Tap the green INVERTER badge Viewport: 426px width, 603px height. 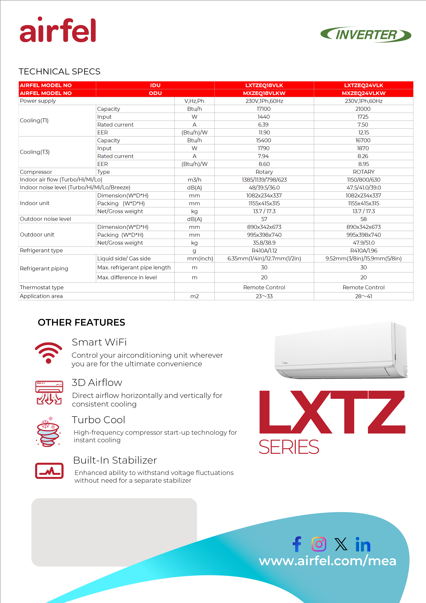pyautogui.click(x=366, y=35)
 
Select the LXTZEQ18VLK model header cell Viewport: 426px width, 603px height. pyautogui.click(x=264, y=85)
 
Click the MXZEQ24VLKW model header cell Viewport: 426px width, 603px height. pyautogui.click(x=363, y=93)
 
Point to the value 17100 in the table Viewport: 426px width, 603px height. pyautogui.click(x=264, y=109)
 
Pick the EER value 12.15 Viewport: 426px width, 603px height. pyautogui.click(x=363, y=133)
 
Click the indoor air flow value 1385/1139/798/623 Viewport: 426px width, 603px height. pyautogui.click(x=264, y=180)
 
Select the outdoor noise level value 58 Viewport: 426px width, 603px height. pyautogui.click(x=363, y=219)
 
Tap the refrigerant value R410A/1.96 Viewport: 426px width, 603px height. pyautogui.click(x=363, y=251)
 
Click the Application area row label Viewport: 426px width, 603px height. pyautogui.click(x=41, y=296)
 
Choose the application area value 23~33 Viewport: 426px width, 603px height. pyautogui.click(x=264, y=296)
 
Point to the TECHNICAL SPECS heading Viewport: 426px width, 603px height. pyautogui.click(x=60, y=72)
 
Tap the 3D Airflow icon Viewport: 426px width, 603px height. pyautogui.click(x=49, y=392)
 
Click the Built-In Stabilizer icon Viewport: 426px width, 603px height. pyautogui.click(x=49, y=471)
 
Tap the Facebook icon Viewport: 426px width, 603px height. pyautogui.click(x=297, y=544)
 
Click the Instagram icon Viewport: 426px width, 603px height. pyautogui.click(x=319, y=544)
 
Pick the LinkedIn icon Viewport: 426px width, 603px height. pyautogui.click(x=363, y=544)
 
